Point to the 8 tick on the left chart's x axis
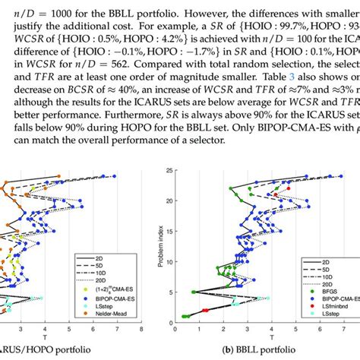(x=141, y=330)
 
